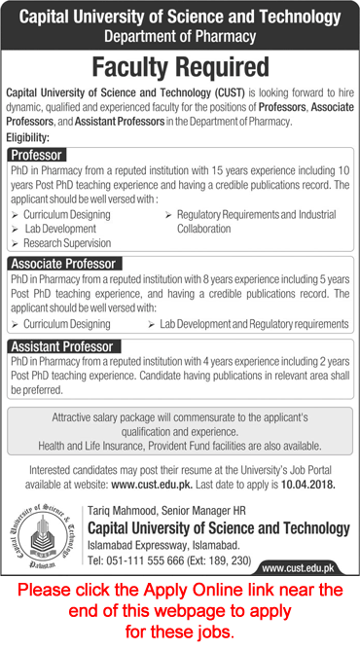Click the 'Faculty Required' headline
tap(180, 66)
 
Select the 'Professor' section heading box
tap(37, 155)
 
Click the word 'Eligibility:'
tap(31, 139)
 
